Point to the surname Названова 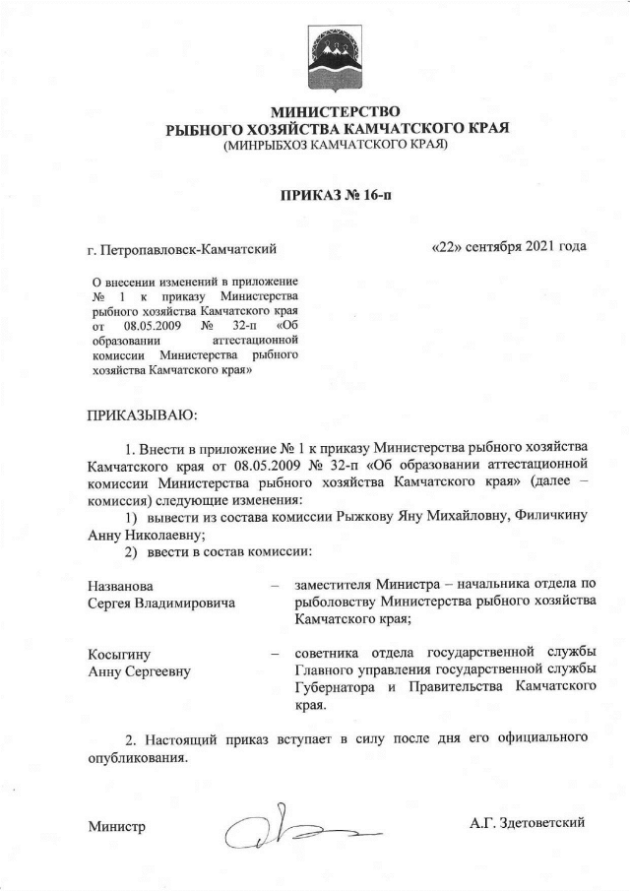pos(122,585)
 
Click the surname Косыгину pos(120,654)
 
